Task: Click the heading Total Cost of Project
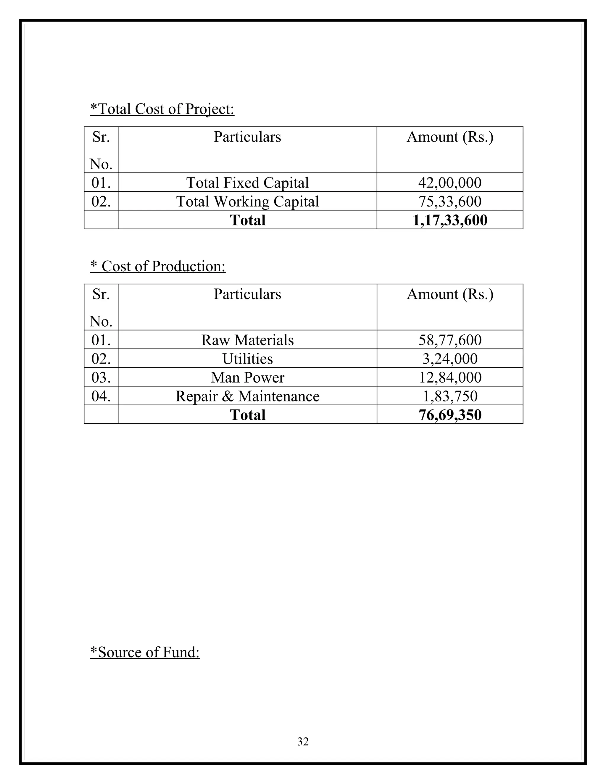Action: click(x=162, y=109)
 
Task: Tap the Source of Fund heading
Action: click(x=145, y=652)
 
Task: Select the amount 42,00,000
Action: click(x=449, y=183)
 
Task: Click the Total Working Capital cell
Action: click(x=247, y=201)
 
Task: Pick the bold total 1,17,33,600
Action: click(x=449, y=220)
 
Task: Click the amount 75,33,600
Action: click(x=449, y=201)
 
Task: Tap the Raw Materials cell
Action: click(x=247, y=340)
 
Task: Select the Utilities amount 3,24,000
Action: click(x=449, y=359)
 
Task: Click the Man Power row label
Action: click(x=247, y=378)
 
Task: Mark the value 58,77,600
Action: click(x=449, y=340)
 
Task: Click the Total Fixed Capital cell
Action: click(x=247, y=183)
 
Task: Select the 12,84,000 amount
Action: click(x=449, y=378)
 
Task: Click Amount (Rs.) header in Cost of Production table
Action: click(x=449, y=294)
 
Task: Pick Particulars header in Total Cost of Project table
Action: click(x=247, y=137)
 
